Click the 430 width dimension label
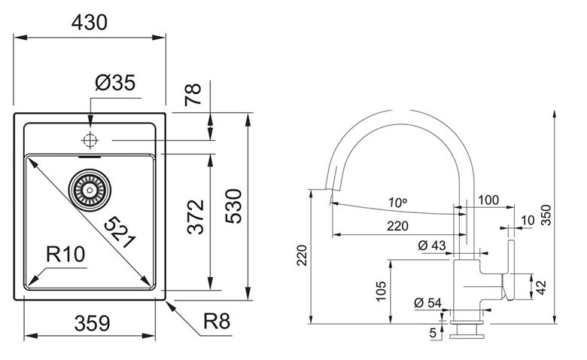tap(89, 23)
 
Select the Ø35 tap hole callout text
tap(115, 83)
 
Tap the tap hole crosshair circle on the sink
tap(90, 141)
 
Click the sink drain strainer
tap(90, 190)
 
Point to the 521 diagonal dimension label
tap(120, 232)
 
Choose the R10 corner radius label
tap(65, 255)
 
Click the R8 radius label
tap(217, 321)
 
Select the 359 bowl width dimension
tap(92, 323)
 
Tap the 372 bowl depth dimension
tap(196, 217)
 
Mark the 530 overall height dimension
tap(234, 206)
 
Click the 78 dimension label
tap(193, 94)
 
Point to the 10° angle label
tap(397, 203)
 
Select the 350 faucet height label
tap(546, 215)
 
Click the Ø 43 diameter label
tap(432, 246)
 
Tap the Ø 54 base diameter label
tap(428, 303)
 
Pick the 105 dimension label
tap(381, 291)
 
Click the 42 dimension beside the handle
tap(541, 288)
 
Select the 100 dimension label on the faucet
tap(488, 200)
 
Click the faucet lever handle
tap(509, 270)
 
